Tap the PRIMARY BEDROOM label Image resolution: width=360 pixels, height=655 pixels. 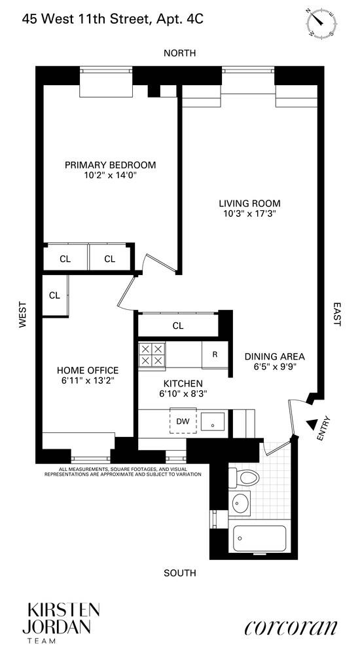pyautogui.click(x=110, y=164)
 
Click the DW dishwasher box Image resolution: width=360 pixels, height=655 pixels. pyautogui.click(x=183, y=421)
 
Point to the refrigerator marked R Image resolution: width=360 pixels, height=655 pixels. pyautogui.click(x=214, y=355)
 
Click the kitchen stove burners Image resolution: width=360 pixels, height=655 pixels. pyautogui.click(x=153, y=355)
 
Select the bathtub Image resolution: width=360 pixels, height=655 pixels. pyautogui.click(x=260, y=538)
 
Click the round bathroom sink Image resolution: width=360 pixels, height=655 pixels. pyautogui.click(x=240, y=504)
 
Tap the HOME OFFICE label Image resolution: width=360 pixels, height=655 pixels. pyautogui.click(x=88, y=369)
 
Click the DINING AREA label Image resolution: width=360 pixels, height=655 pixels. pyautogui.click(x=275, y=357)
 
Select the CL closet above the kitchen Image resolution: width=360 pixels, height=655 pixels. pyautogui.click(x=177, y=326)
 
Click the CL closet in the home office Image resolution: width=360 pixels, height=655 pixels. pyautogui.click(x=54, y=295)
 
